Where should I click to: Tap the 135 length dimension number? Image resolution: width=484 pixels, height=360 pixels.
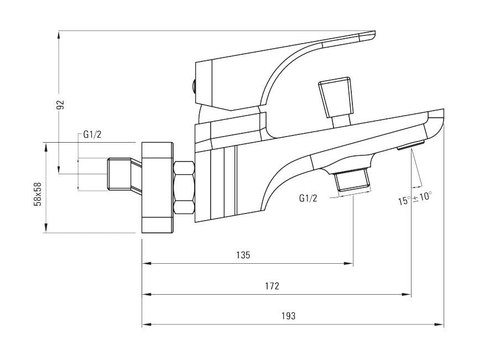point(243,255)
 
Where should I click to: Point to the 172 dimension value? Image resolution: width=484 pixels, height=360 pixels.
point(272,286)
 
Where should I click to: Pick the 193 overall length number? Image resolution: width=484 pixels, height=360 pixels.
point(288,316)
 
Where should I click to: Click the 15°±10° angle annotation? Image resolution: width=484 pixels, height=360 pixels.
point(414,197)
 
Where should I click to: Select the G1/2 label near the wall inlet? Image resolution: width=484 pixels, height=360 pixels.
point(92,134)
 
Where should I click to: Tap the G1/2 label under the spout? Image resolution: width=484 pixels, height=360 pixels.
point(308,198)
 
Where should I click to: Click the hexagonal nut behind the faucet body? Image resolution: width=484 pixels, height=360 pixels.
point(184,187)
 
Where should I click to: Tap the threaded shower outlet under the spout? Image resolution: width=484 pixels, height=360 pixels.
point(351,180)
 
